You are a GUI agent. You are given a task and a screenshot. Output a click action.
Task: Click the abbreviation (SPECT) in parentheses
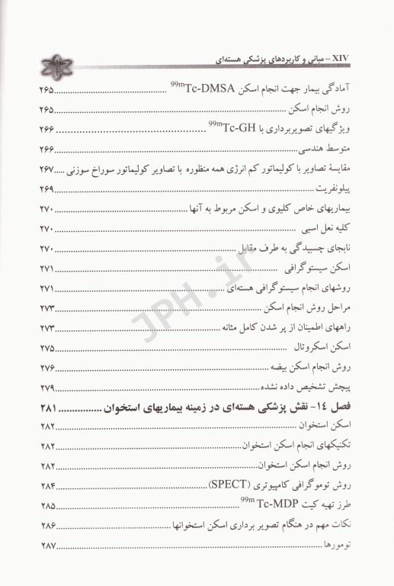(x=232, y=485)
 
